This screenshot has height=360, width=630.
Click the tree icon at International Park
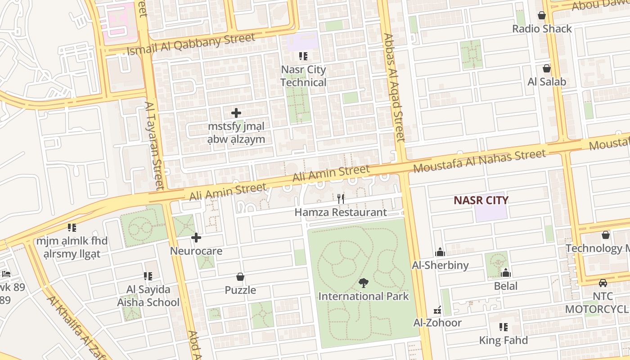pyautogui.click(x=363, y=283)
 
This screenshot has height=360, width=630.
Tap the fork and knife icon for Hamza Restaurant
pyautogui.click(x=341, y=198)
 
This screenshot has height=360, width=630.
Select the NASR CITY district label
pyautogui.click(x=481, y=200)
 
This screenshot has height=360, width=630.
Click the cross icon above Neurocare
pyautogui.click(x=196, y=238)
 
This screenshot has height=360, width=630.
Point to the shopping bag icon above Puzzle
pyautogui.click(x=240, y=277)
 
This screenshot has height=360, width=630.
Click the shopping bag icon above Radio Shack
pyautogui.click(x=542, y=15)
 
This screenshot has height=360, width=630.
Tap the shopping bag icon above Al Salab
pyautogui.click(x=547, y=68)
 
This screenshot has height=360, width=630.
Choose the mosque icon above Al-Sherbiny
pyautogui.click(x=440, y=252)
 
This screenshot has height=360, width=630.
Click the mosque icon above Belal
pyautogui.click(x=506, y=273)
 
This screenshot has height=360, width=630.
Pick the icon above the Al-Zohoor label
pyautogui.click(x=437, y=310)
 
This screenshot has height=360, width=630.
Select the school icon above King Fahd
pyautogui.click(x=503, y=327)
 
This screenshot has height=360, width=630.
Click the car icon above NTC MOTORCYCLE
pyautogui.click(x=603, y=283)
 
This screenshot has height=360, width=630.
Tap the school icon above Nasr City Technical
pyautogui.click(x=303, y=56)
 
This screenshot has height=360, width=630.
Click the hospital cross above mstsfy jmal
pyautogui.click(x=236, y=113)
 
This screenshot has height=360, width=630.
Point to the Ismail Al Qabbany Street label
pyautogui.click(x=191, y=44)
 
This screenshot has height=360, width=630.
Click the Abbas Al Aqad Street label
pyautogui.click(x=394, y=88)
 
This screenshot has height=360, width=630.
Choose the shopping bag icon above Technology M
pyautogui.click(x=606, y=235)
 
